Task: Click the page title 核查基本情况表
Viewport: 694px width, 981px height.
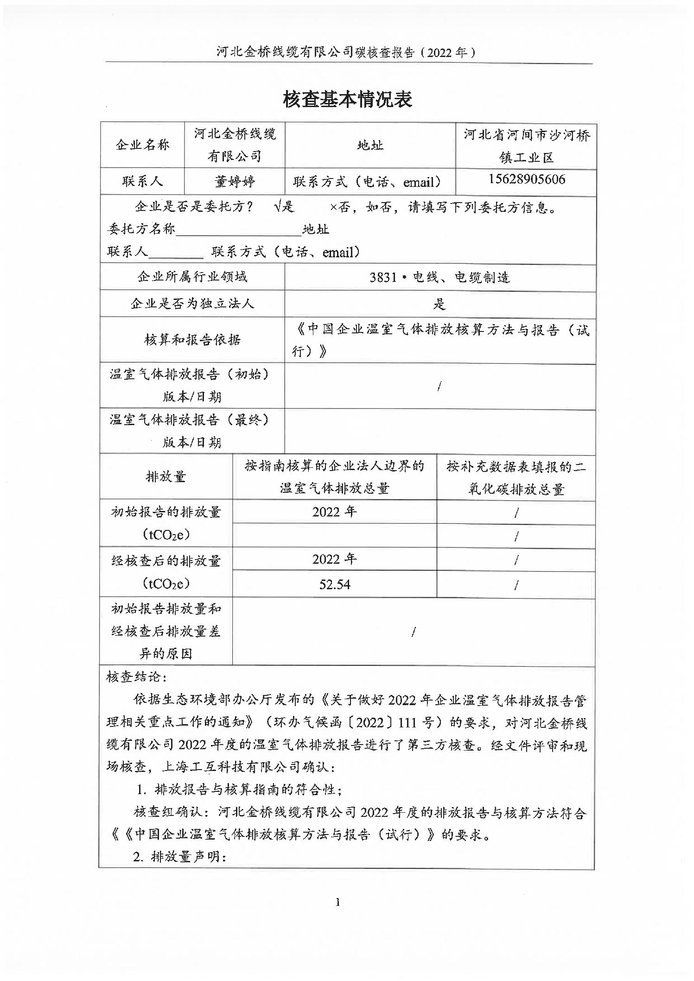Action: click(x=347, y=100)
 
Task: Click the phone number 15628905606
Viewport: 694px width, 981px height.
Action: click(x=527, y=180)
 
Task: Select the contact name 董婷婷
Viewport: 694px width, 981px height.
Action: click(x=235, y=181)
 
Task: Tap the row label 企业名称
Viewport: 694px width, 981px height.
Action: click(x=142, y=145)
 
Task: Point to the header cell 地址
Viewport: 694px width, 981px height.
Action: click(x=370, y=145)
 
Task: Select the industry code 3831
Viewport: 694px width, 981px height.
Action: click(x=383, y=278)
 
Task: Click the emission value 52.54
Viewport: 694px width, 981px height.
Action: click(x=334, y=585)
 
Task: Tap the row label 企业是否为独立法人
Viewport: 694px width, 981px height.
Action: click(x=192, y=304)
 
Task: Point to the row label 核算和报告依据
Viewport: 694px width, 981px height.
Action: click(x=192, y=340)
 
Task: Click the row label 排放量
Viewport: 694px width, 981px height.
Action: click(x=166, y=477)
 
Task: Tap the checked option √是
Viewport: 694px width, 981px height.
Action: click(x=284, y=207)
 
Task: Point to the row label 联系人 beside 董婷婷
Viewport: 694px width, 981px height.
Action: click(x=142, y=181)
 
